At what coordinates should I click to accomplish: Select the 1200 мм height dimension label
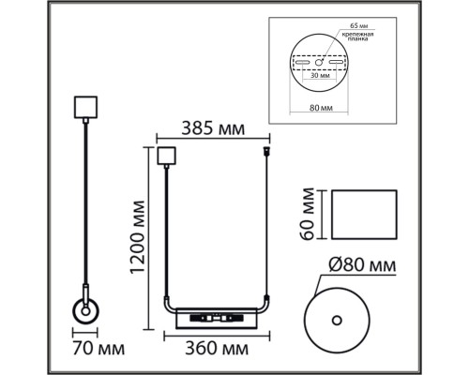point(138,238)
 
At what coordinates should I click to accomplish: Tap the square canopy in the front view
point(167,156)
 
